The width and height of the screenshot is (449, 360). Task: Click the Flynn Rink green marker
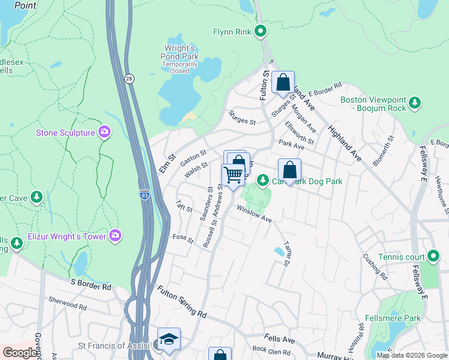(261, 31)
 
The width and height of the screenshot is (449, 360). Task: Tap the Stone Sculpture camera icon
(104, 132)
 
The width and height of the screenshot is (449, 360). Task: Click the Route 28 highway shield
(129, 78)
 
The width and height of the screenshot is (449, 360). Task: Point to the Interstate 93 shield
(144, 194)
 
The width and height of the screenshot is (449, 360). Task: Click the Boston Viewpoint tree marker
(414, 104)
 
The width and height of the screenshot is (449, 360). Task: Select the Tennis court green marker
(433, 257)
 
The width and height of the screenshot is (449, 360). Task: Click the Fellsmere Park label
(393, 318)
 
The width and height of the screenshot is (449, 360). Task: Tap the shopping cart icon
(233, 175)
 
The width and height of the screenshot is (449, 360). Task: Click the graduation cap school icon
(169, 338)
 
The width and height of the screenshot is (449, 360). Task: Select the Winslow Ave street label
(255, 214)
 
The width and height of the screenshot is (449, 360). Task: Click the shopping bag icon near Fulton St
(283, 82)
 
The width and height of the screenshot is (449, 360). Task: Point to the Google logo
(20, 352)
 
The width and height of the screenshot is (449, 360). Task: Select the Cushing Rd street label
(375, 266)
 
